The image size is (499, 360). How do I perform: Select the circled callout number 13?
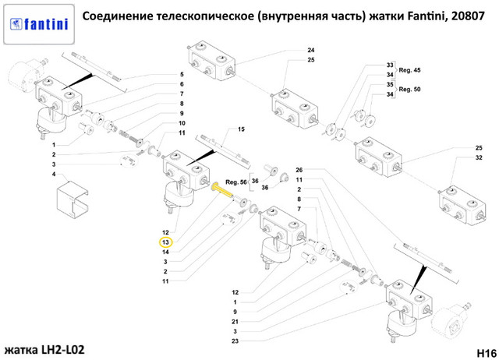(165, 242)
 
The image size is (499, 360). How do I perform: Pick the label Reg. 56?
(235, 182)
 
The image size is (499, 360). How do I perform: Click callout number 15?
(241, 129)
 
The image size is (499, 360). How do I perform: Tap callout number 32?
(479, 158)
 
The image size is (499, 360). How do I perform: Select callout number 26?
(299, 171)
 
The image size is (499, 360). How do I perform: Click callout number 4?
(54, 175)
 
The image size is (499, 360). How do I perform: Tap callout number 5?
(182, 74)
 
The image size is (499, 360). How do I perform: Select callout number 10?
(182, 124)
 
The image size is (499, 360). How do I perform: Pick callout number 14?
(165, 252)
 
